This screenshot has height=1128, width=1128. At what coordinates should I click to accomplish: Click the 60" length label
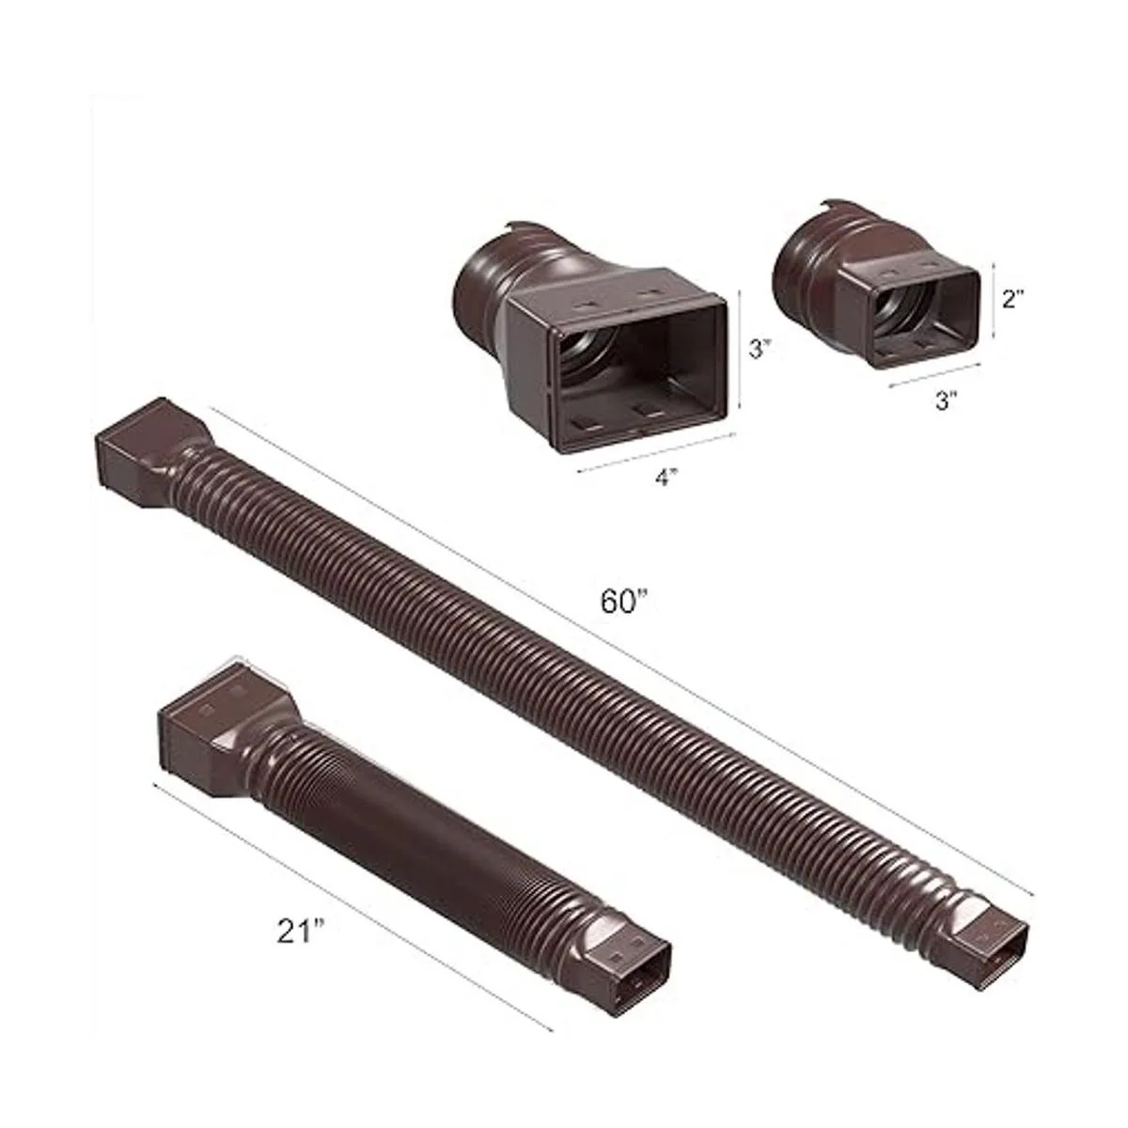tap(625, 602)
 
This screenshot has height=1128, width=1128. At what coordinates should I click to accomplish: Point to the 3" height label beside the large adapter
tap(760, 349)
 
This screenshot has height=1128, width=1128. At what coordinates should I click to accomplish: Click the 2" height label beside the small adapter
tap(1014, 299)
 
